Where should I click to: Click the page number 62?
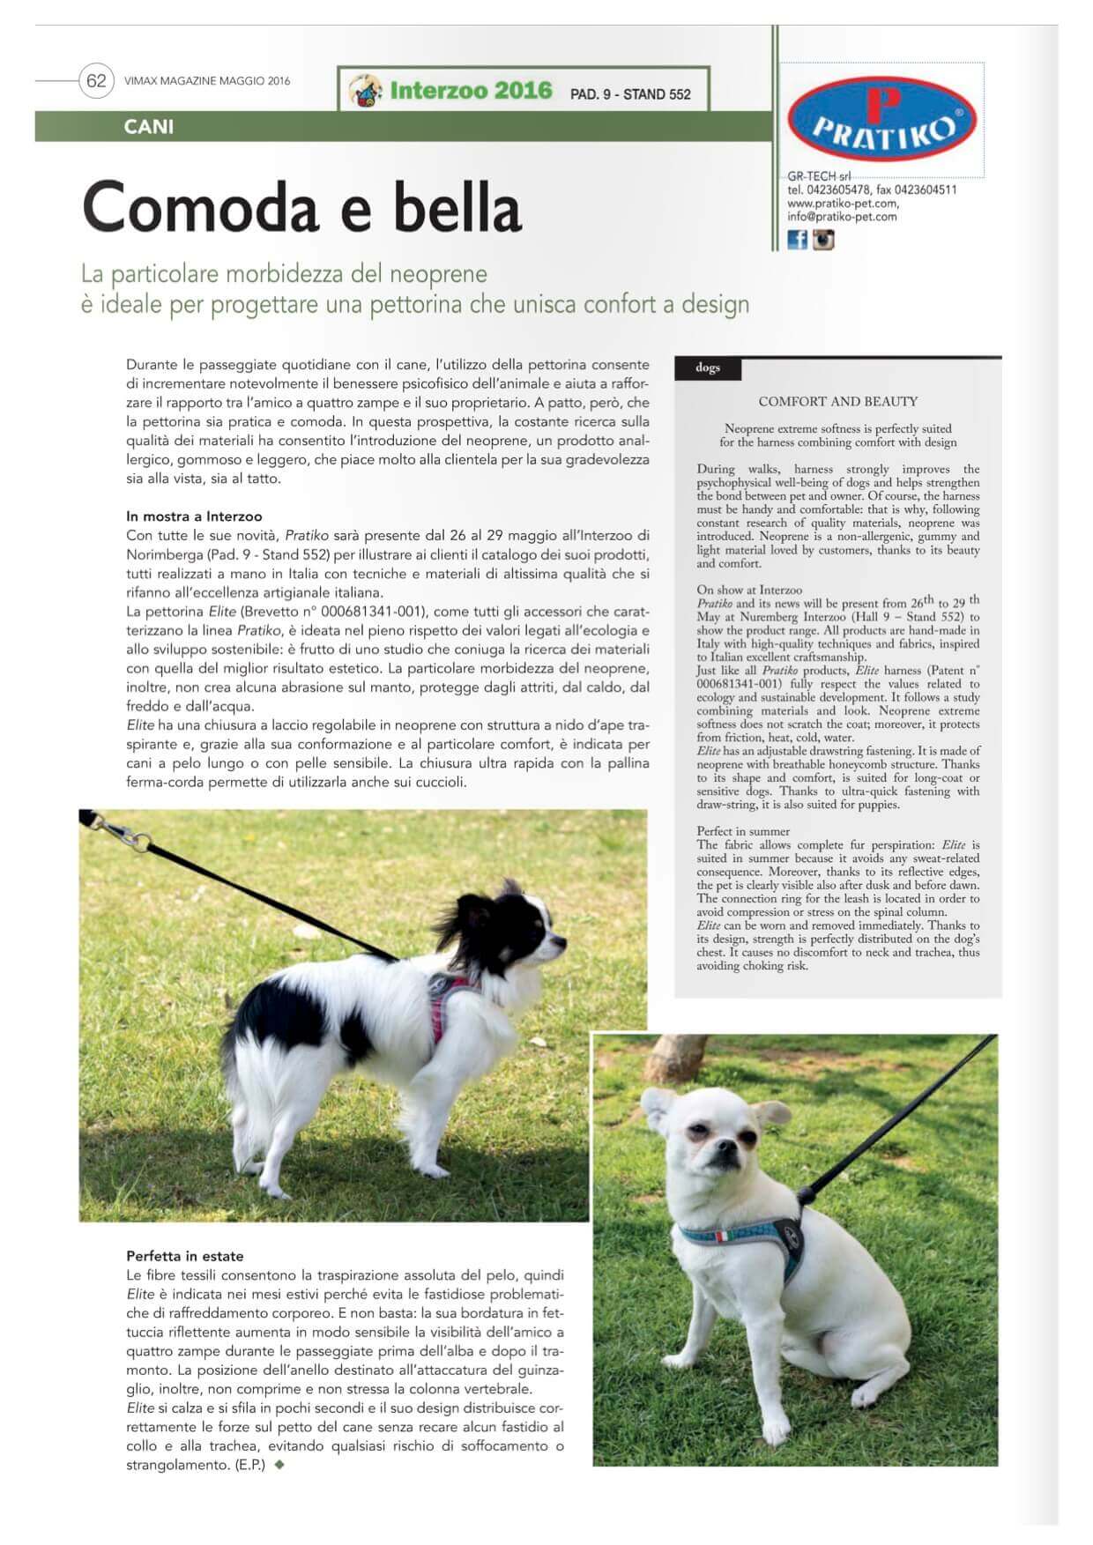[95, 81]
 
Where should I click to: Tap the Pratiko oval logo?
[881, 119]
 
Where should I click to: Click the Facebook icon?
[797, 239]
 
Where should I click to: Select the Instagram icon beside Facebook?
[823, 239]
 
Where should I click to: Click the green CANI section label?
[149, 127]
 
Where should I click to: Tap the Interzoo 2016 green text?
[471, 91]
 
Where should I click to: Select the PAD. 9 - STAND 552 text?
[630, 94]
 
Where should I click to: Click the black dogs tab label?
[708, 368]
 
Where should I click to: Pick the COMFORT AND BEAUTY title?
[837, 402]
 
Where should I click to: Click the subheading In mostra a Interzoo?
[194, 516]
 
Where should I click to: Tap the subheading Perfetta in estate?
[184, 1256]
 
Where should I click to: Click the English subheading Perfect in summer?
[743, 831]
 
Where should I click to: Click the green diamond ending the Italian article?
[280, 1466]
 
